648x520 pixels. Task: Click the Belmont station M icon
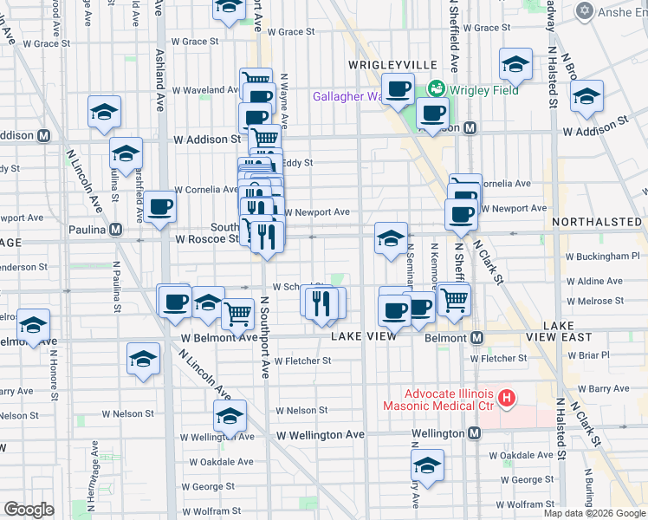(x=476, y=337)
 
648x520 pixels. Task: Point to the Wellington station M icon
(x=474, y=433)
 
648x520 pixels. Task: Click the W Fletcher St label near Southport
(x=302, y=361)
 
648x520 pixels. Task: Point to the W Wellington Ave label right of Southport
(x=321, y=434)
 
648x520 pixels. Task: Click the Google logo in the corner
(x=29, y=510)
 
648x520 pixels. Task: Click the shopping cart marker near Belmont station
(x=453, y=298)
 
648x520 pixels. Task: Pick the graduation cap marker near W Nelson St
(x=230, y=416)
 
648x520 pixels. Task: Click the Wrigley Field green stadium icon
(x=436, y=88)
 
